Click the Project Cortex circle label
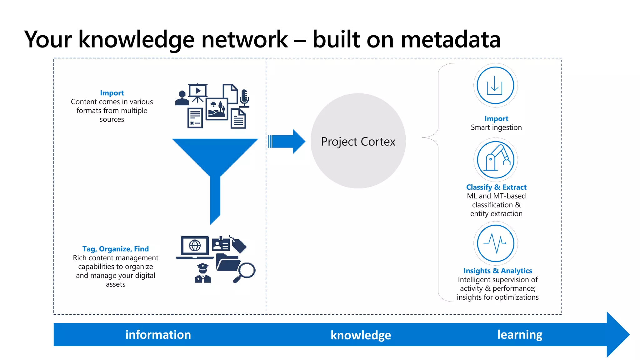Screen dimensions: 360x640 [x=358, y=142]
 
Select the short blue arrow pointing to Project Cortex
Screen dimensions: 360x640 [x=287, y=142]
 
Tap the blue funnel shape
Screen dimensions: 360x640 [x=215, y=162]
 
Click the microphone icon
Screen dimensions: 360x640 [x=244, y=98]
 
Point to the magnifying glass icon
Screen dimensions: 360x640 [x=245, y=272]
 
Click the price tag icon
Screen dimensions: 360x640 [x=239, y=245]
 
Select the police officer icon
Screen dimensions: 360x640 [x=203, y=273]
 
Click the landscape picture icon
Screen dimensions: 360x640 [x=217, y=109]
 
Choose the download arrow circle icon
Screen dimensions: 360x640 [x=495, y=85]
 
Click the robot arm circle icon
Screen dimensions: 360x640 [x=495, y=160]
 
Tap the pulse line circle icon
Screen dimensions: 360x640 [x=495, y=243]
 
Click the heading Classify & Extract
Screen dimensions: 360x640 [x=496, y=187]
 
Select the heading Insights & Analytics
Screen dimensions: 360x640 [x=497, y=271]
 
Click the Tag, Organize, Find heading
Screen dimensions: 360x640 [x=115, y=249]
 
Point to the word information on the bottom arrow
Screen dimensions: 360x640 [x=158, y=335]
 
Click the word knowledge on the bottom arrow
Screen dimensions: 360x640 [x=361, y=335]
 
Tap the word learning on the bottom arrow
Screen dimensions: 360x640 [x=520, y=335]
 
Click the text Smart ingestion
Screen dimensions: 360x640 [x=496, y=127]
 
